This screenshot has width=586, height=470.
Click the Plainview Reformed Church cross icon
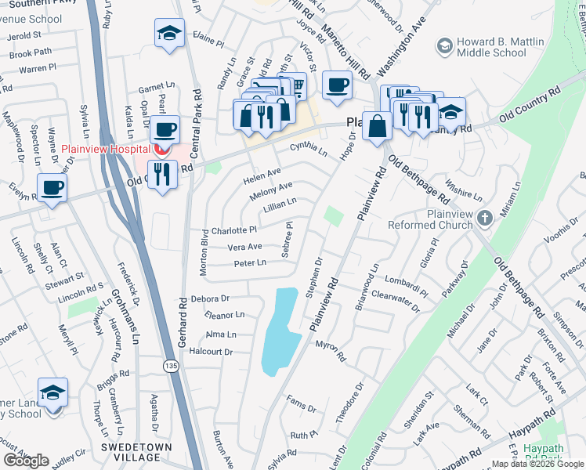point(485,217)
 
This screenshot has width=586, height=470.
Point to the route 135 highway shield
point(169,366)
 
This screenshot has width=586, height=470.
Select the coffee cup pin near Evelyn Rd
point(52,188)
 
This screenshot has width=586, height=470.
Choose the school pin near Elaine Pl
point(169,34)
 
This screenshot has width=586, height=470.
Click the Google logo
point(26,461)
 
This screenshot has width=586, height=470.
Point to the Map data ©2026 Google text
point(537,464)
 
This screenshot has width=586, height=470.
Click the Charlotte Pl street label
point(234,231)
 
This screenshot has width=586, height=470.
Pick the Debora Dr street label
point(209,298)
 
